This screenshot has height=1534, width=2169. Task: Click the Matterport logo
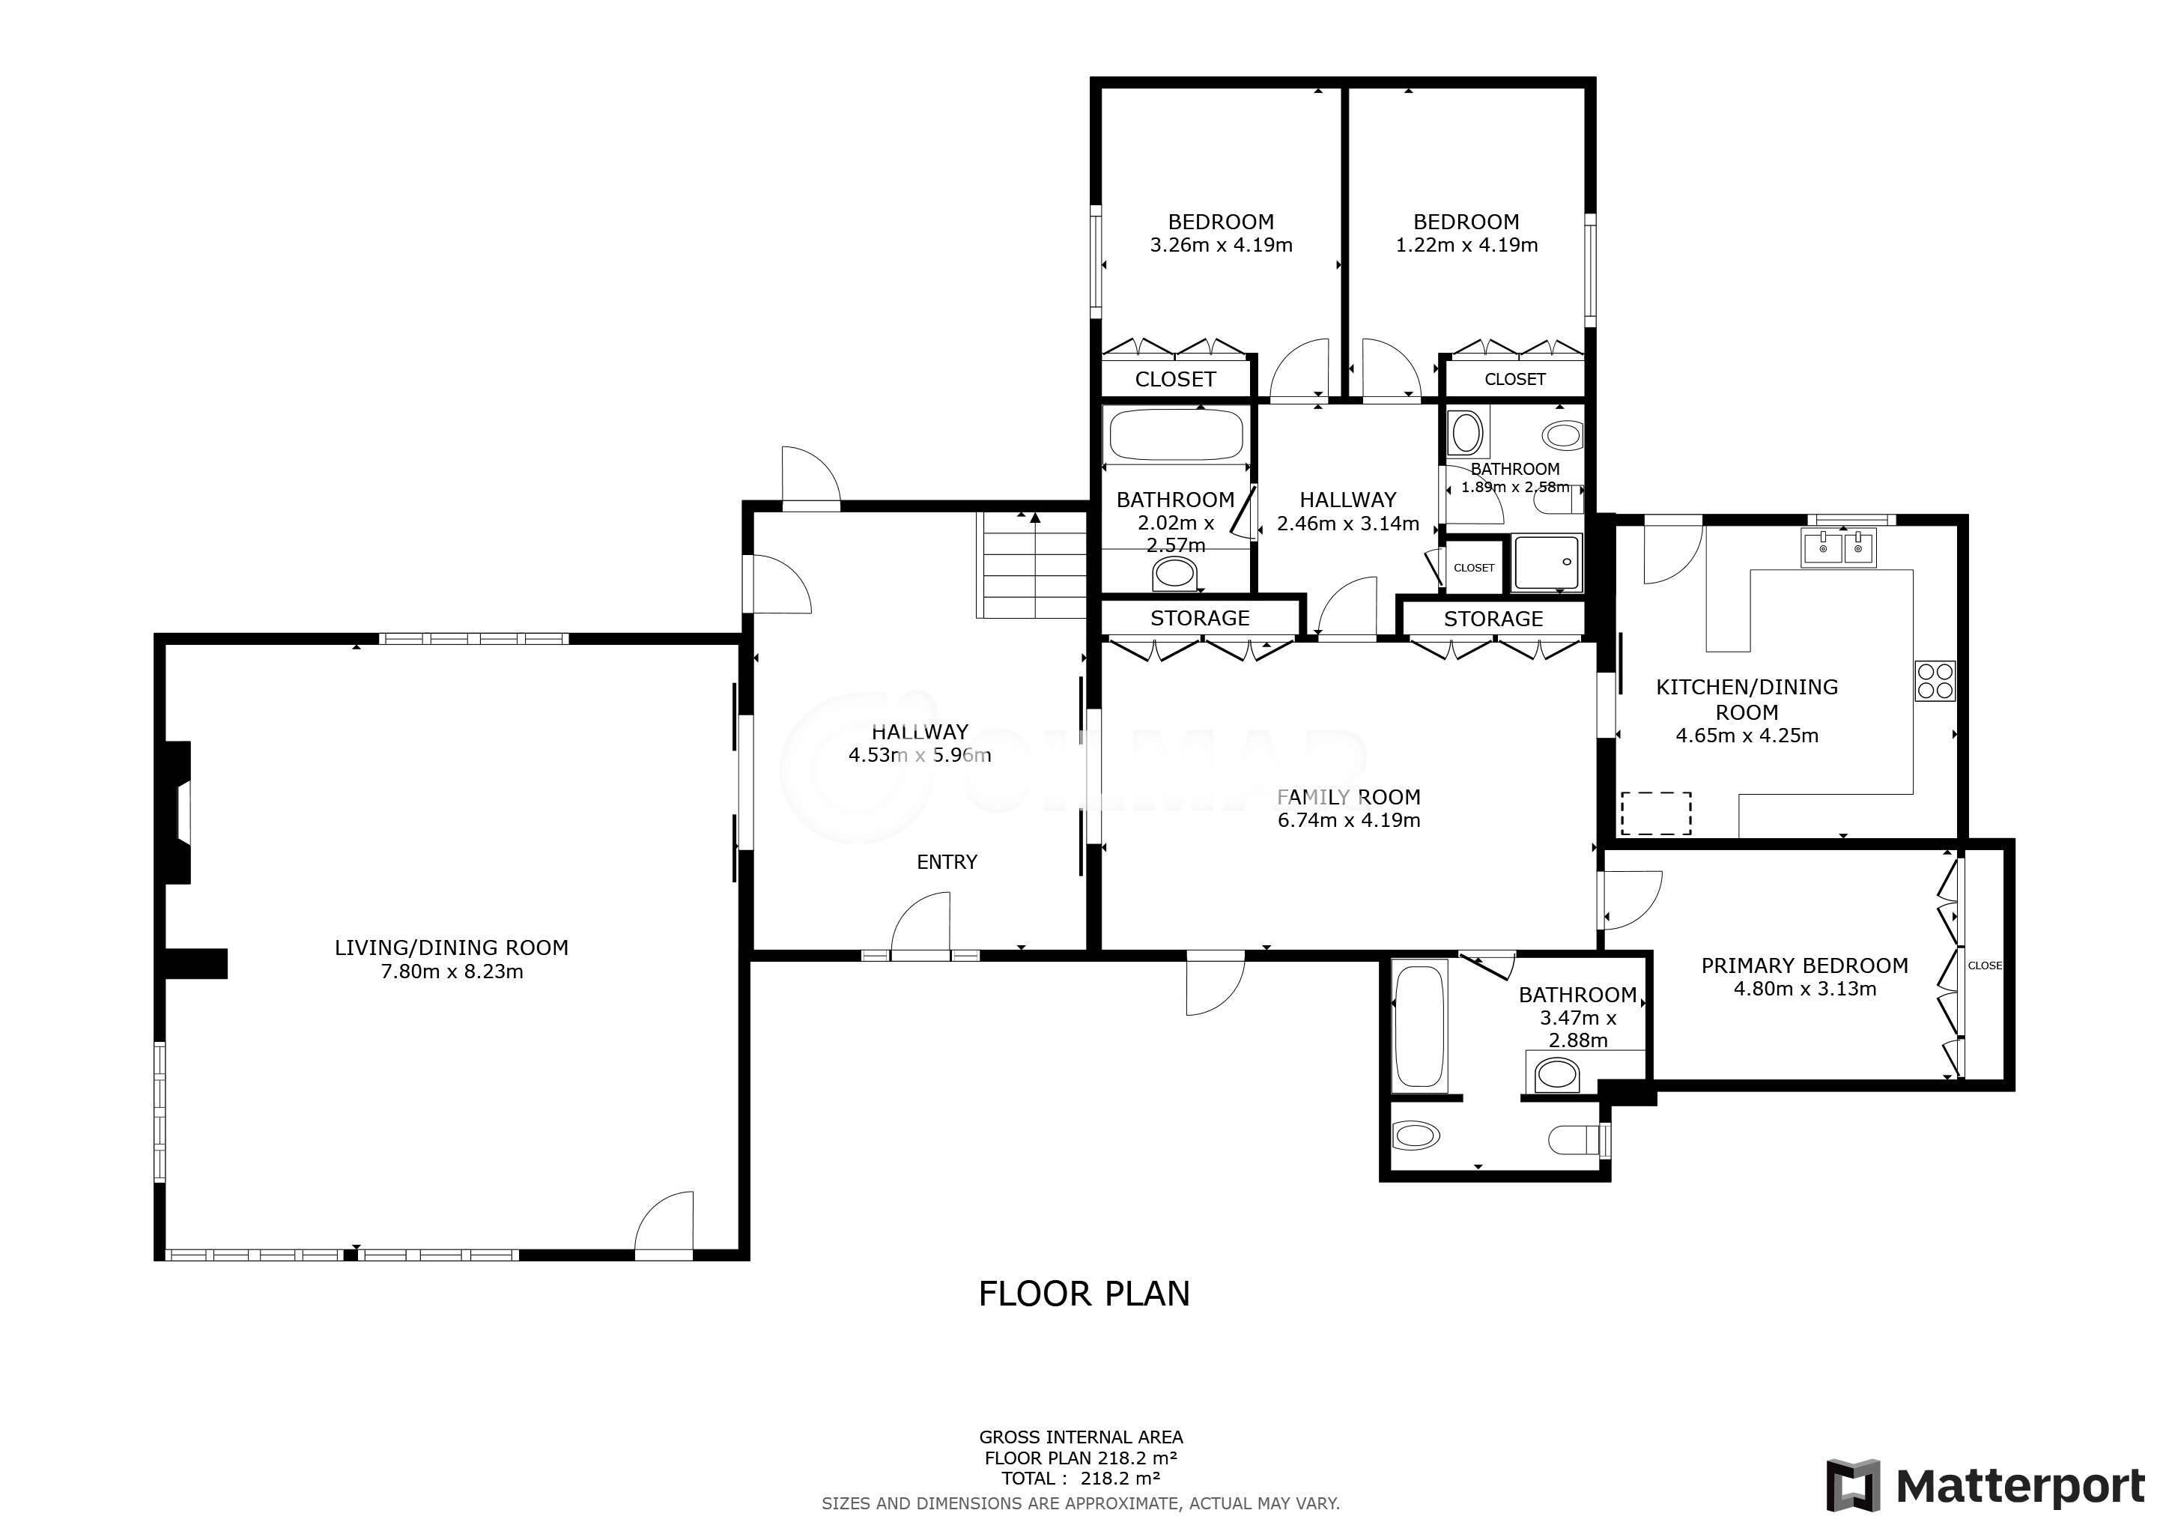click(1985, 1486)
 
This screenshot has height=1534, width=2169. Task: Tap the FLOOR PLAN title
click(1084, 1293)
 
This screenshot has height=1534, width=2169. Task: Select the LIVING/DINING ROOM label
click(452, 948)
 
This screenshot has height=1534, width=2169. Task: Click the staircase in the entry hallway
click(1031, 565)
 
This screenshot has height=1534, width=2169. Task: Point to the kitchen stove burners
click(1935, 680)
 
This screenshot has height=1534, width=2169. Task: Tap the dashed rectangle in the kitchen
click(1656, 813)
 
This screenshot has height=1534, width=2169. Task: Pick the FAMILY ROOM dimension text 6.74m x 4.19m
click(1349, 820)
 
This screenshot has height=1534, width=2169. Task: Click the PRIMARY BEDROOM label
click(1804, 965)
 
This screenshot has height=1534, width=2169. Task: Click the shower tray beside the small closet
click(1547, 563)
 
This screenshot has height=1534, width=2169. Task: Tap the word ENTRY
click(947, 861)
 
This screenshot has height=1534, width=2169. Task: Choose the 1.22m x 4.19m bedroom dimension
click(1467, 245)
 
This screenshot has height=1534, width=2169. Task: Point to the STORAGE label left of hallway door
click(1200, 618)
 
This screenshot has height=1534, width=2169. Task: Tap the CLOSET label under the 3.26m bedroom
click(1175, 379)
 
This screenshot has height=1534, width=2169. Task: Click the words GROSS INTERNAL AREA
click(1081, 1437)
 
